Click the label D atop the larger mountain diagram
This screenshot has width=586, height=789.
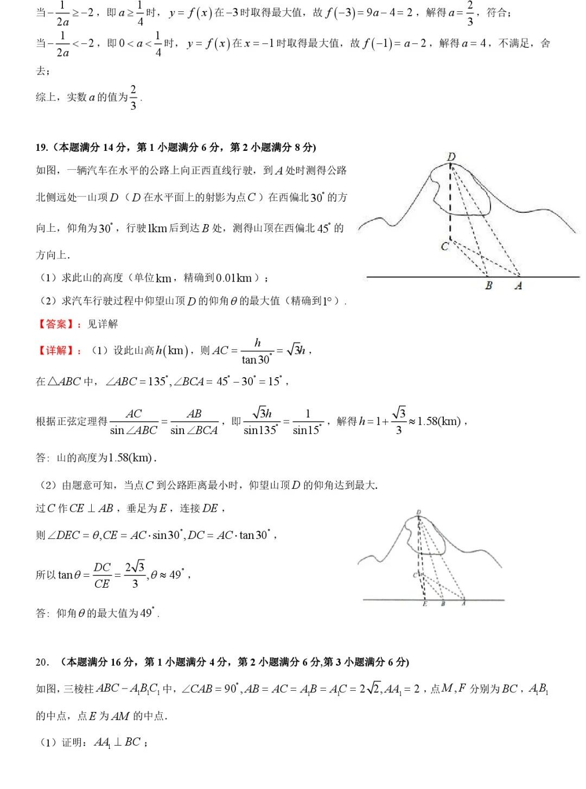tap(451, 157)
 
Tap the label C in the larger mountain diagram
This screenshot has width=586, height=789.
tap(445, 246)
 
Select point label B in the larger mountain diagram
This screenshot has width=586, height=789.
tap(489, 285)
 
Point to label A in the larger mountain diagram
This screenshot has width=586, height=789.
tap(518, 285)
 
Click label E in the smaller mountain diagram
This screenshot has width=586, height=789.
tap(425, 604)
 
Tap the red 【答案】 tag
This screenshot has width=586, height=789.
tap(53, 324)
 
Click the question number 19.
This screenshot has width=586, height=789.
tap(41, 147)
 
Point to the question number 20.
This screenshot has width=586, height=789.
tap(42, 662)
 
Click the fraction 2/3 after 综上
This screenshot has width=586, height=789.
tap(133, 98)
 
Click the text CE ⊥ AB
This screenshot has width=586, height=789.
tap(91, 508)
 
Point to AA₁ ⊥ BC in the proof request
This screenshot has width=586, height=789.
tap(117, 742)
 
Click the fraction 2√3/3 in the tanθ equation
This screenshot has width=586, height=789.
tap(135, 575)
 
